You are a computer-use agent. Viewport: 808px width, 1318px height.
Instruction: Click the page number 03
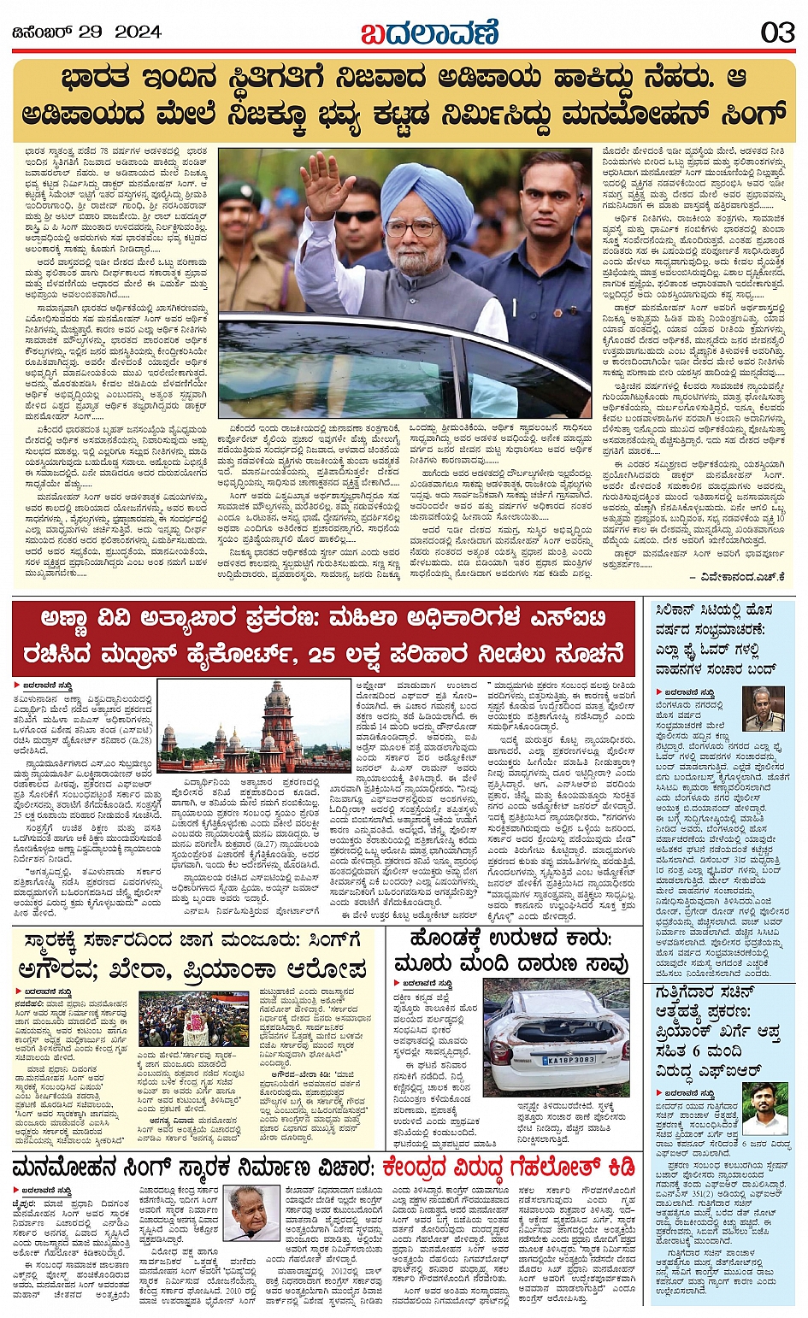click(776, 32)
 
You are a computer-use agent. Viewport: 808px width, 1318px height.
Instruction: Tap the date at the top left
click(86, 32)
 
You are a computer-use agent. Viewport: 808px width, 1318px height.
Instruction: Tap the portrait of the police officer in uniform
click(763, 709)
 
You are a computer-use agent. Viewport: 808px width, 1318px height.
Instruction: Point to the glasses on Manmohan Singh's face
click(413, 228)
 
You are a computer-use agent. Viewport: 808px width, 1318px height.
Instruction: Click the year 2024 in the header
click(138, 32)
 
